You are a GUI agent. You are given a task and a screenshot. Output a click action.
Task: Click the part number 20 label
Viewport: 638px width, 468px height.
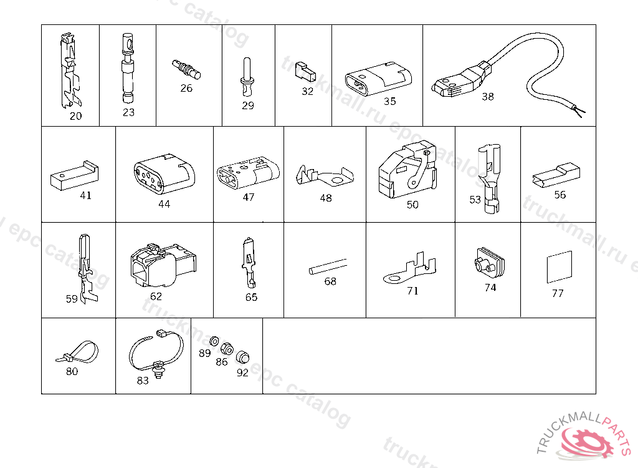coord(75,116)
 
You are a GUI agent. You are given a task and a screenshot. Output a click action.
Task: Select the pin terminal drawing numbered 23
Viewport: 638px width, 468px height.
coord(127,69)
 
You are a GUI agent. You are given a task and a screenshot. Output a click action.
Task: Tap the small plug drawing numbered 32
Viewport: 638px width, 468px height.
coord(305,72)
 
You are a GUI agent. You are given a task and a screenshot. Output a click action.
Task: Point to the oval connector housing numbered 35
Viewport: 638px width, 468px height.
coord(378,79)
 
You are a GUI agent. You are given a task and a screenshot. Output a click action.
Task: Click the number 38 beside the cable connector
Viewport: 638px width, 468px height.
coord(487,97)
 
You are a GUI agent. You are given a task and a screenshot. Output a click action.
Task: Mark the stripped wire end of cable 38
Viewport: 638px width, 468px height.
coord(579,110)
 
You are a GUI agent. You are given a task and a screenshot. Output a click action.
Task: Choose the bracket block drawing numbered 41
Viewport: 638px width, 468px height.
coord(75,176)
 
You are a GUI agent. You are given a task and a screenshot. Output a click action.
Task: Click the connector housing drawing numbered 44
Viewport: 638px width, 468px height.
coord(164,175)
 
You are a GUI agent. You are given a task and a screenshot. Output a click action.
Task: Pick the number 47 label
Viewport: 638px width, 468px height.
coord(248,197)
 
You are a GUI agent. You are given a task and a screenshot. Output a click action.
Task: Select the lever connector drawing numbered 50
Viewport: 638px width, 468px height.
coord(407,170)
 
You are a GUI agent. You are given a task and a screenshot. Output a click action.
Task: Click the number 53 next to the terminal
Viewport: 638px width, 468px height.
coord(475,200)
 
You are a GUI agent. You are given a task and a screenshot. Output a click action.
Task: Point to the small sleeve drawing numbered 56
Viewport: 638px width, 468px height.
coord(556,175)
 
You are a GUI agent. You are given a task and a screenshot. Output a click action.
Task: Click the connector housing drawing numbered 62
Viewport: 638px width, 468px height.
coord(163,265)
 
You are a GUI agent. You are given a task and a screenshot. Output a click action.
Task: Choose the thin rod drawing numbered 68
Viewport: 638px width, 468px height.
coord(328,266)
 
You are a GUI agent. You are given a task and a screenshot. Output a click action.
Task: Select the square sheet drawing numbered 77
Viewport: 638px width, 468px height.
coord(559,267)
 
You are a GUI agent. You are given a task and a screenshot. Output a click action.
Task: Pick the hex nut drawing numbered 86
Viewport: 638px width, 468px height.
coord(227,349)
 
